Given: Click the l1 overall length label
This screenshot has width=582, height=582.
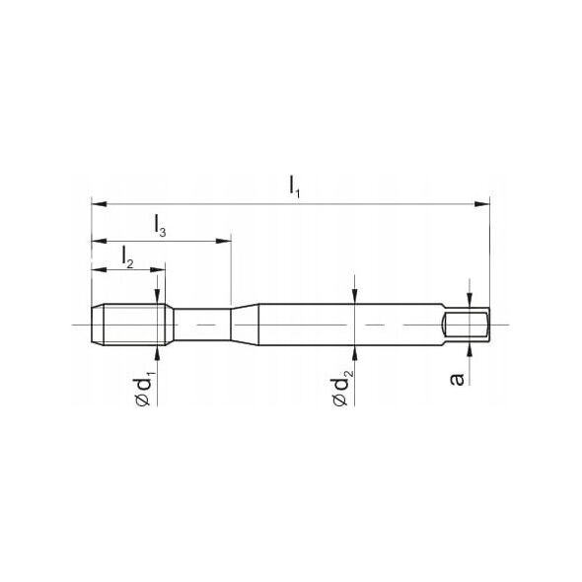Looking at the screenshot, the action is pos(294,186).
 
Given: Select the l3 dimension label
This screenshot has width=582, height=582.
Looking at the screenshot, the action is pos(160,226).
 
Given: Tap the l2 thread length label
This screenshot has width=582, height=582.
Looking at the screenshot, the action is pos(127,256).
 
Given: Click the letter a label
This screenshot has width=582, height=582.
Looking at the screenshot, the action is pos(457,379).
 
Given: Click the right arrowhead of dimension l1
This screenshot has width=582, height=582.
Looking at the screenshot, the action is pos(482,204).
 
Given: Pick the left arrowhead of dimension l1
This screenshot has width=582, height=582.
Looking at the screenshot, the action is pos(99,204).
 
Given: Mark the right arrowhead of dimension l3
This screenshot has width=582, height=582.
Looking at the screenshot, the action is pos(224,242).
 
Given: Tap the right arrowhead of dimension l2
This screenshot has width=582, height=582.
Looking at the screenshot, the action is pos(158,270).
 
